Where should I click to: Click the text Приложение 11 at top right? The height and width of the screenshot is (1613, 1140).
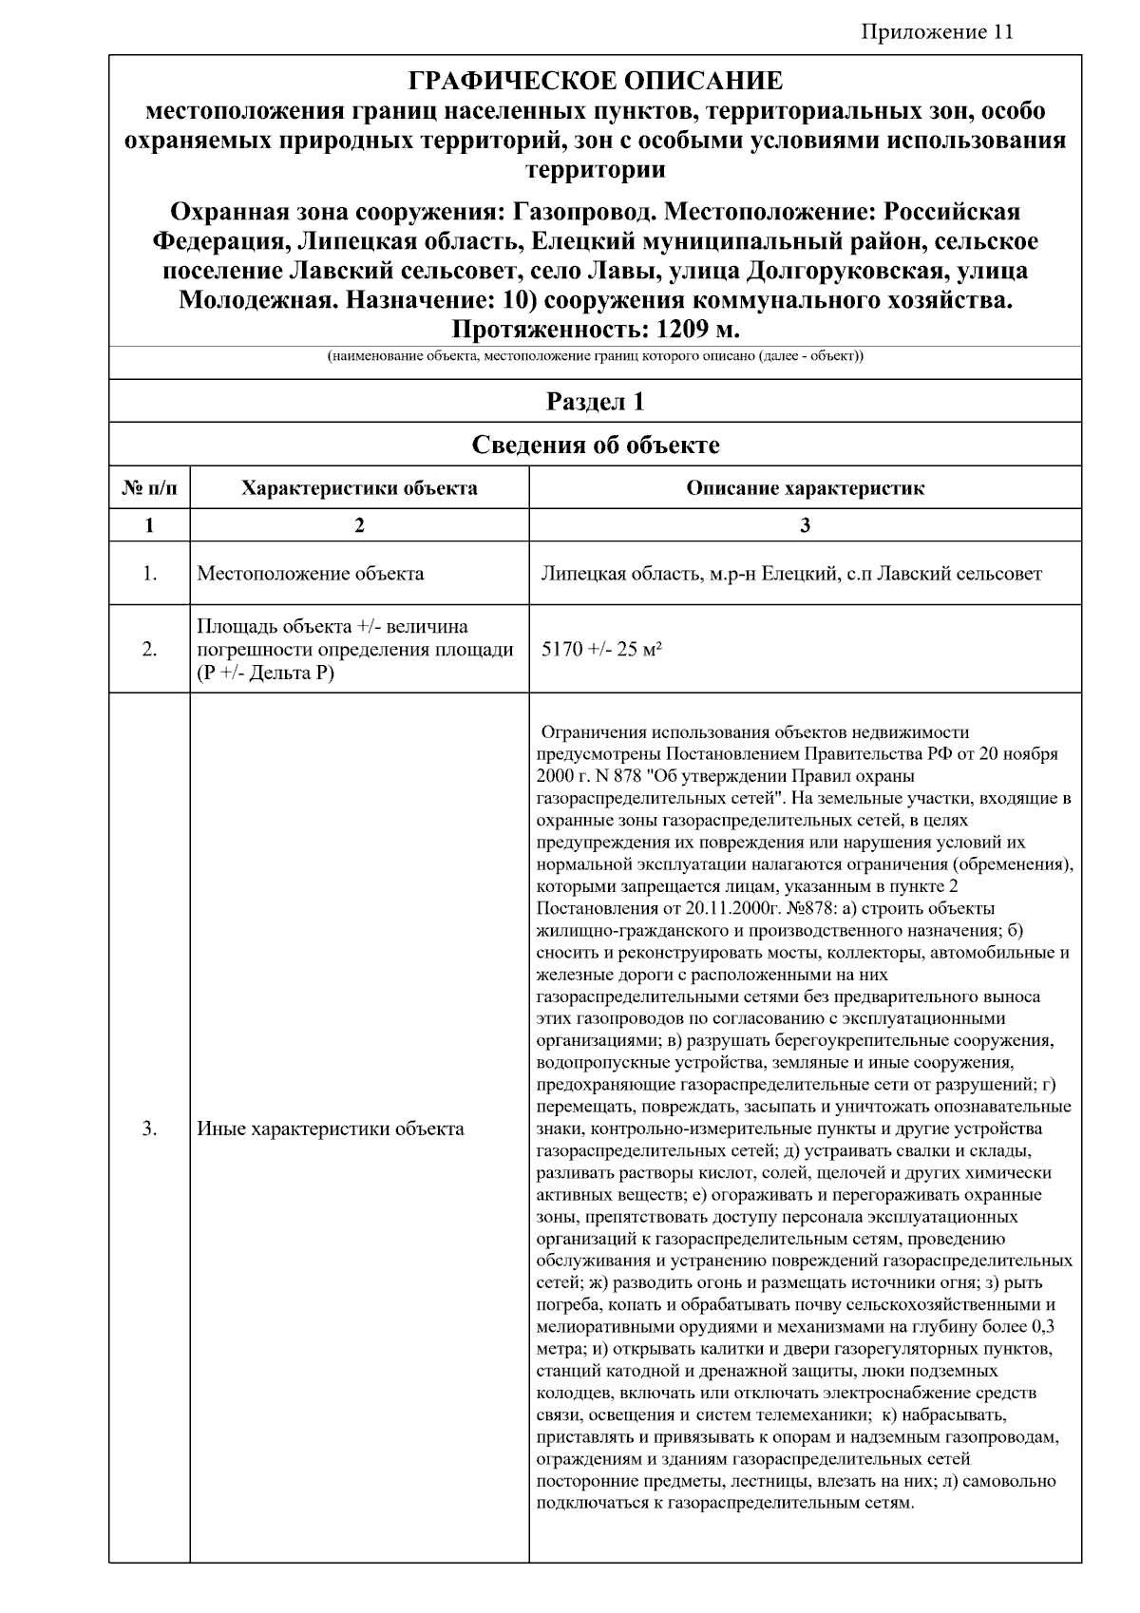click(x=937, y=32)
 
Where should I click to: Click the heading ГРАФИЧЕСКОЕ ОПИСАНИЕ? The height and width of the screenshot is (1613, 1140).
click(x=595, y=81)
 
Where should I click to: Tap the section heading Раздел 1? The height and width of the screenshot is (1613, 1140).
click(x=595, y=402)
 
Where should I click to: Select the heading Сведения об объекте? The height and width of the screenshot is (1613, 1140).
click(x=595, y=445)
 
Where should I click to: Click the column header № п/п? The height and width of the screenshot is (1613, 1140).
click(x=149, y=488)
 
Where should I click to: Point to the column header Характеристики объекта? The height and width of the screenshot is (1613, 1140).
click(x=359, y=488)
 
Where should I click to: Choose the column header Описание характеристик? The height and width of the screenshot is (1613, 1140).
click(x=804, y=488)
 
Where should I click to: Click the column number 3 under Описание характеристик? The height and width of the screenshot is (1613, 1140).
click(x=805, y=525)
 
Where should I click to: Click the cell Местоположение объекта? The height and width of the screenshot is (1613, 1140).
click(x=310, y=574)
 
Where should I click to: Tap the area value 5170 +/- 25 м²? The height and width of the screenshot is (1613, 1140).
click(x=600, y=650)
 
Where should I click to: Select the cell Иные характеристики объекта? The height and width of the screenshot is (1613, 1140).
click(x=331, y=1129)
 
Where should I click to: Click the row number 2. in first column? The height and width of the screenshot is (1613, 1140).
click(x=149, y=650)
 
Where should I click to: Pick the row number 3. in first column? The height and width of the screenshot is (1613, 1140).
click(x=149, y=1129)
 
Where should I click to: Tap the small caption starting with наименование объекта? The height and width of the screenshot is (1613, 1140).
click(x=595, y=357)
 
